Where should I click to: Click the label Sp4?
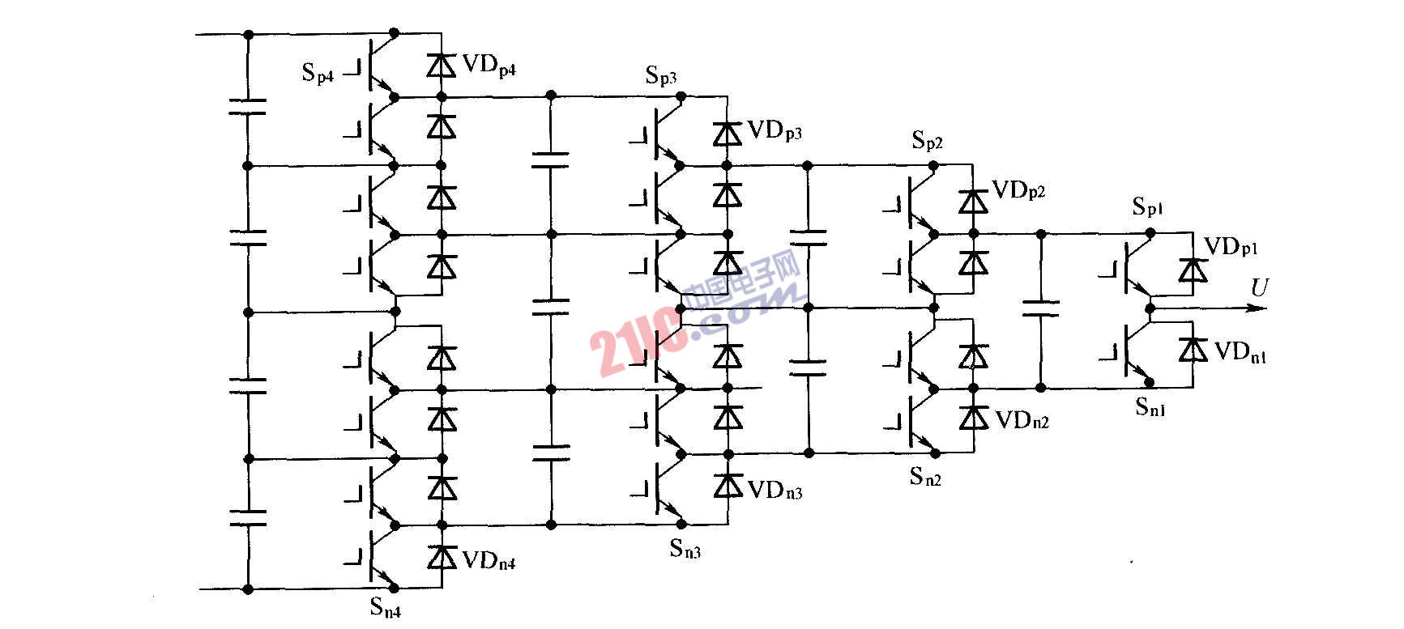318,74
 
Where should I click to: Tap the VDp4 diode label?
489,66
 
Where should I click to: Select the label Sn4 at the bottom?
385,606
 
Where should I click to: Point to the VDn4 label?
489,559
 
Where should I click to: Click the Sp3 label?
661,76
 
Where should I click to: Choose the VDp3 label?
775,131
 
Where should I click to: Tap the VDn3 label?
775,490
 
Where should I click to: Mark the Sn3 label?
685,549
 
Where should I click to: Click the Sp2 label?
928,141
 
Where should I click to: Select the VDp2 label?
1018,191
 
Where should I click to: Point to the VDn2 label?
1022,420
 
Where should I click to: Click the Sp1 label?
1148,207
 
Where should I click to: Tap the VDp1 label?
1231,247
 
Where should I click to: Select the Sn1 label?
1150,406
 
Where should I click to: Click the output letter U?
1259,287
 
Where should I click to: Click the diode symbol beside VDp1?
1192,270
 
